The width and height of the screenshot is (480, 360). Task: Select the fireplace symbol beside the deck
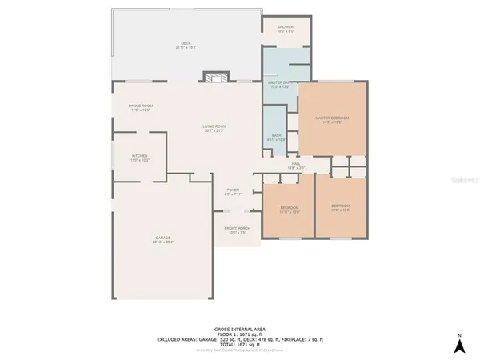213,78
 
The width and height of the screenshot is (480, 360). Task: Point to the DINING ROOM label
141,107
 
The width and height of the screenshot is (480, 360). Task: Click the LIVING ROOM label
214,128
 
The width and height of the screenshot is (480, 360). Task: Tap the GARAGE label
164,238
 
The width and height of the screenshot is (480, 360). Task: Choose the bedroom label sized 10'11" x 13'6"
289,210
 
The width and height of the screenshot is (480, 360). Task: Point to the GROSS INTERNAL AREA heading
239,329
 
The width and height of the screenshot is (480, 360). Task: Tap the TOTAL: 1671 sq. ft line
239,343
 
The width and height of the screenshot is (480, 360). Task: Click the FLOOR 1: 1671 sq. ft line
239,334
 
